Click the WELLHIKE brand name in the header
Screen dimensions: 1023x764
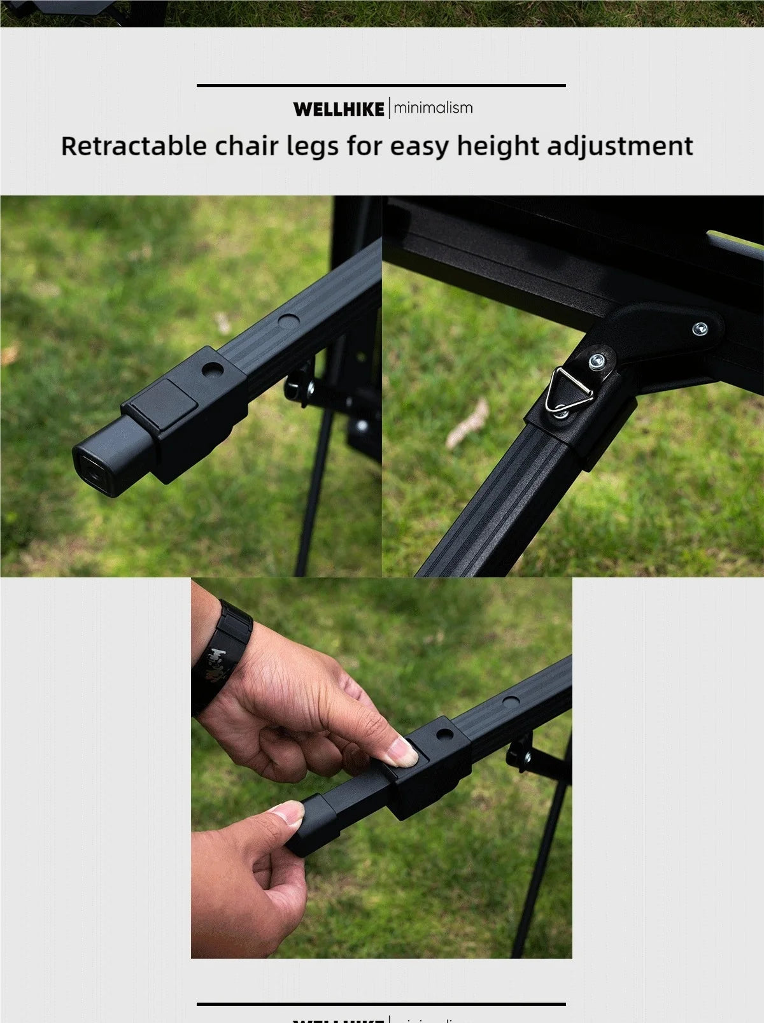click(x=339, y=109)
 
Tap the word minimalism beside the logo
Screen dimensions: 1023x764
click(x=433, y=108)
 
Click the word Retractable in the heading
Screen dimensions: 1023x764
click(x=134, y=146)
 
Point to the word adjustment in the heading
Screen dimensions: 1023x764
click(x=619, y=146)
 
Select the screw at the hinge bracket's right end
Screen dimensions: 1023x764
click(x=700, y=328)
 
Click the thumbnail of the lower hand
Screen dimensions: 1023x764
click(x=288, y=812)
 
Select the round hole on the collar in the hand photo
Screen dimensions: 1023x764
click(x=446, y=733)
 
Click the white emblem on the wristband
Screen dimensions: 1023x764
click(x=219, y=657)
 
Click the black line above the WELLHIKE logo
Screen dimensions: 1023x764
click(x=381, y=85)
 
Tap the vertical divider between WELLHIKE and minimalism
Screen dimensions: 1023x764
click(x=388, y=108)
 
